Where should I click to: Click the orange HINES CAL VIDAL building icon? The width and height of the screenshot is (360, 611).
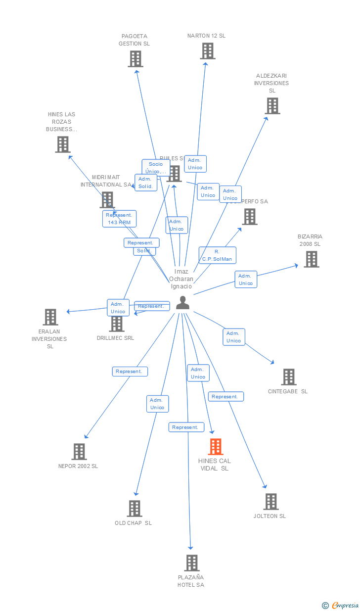(x=216, y=447)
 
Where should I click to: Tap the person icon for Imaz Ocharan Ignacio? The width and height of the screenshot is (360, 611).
(x=183, y=303)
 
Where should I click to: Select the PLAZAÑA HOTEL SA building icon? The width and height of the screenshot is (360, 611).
(x=192, y=563)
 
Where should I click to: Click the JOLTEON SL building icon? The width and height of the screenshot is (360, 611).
(x=270, y=502)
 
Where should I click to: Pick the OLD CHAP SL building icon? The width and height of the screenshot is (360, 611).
(x=135, y=509)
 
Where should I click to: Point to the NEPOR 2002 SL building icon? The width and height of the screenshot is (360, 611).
(x=79, y=452)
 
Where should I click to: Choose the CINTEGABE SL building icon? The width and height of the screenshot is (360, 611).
(x=289, y=377)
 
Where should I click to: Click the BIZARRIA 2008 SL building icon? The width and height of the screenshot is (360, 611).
(x=311, y=259)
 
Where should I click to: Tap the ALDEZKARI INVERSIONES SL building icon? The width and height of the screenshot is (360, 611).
(x=272, y=106)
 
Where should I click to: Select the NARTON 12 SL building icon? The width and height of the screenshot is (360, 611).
(x=208, y=51)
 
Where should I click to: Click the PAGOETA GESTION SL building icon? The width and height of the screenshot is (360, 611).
(x=135, y=59)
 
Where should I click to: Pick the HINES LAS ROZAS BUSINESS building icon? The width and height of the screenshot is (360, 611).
(x=62, y=144)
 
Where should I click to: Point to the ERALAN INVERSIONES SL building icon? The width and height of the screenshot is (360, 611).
(x=50, y=317)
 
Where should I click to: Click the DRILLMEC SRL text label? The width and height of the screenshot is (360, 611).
(x=116, y=338)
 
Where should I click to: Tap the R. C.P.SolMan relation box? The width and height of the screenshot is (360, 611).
(x=217, y=255)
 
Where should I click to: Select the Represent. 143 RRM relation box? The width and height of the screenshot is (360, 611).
(x=119, y=219)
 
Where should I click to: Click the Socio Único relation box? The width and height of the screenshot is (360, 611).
(x=156, y=168)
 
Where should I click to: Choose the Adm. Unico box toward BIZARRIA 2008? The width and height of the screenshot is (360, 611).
(x=246, y=280)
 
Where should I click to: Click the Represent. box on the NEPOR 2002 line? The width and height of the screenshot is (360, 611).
(x=130, y=372)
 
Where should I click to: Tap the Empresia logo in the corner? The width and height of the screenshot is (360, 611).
(x=341, y=605)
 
